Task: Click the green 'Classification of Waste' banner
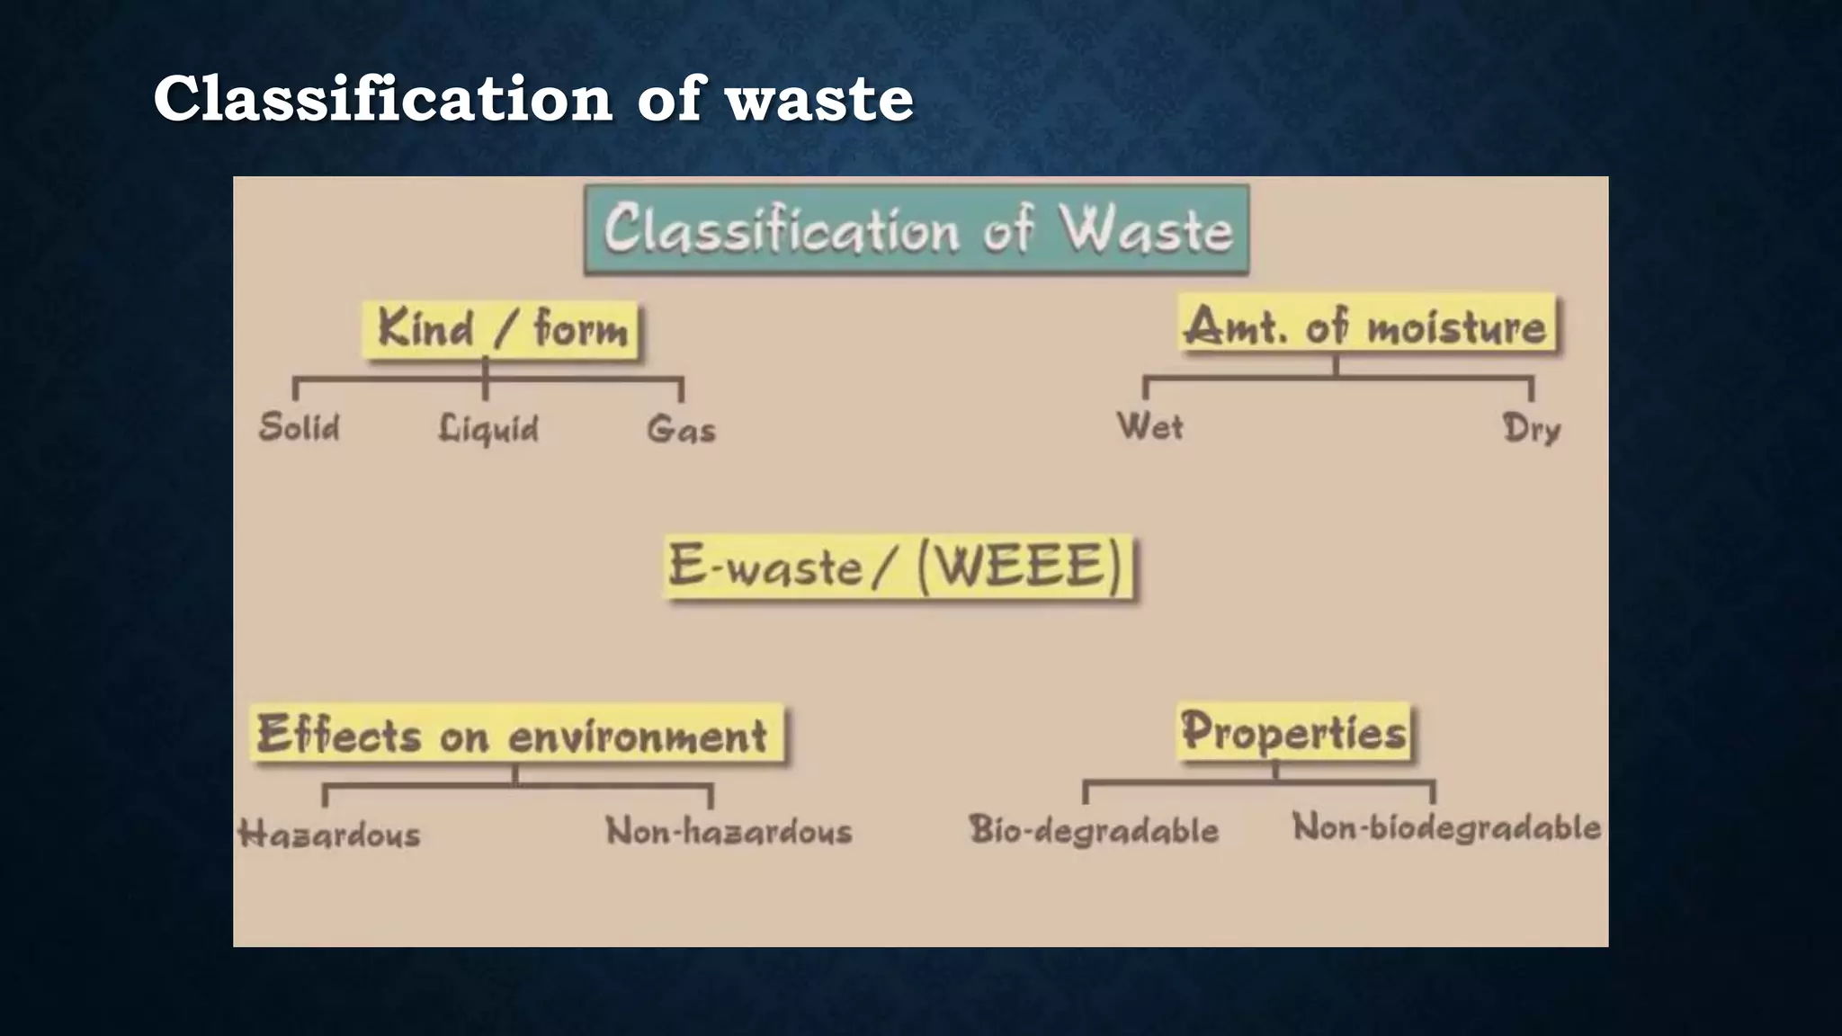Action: pos(917,229)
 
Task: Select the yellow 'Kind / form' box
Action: pos(502,328)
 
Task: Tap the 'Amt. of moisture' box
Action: pos(1366,326)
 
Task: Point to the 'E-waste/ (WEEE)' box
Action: pos(898,567)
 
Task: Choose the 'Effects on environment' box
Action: pos(514,734)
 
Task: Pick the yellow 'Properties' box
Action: pos(1293,730)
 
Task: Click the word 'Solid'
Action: pos(300,427)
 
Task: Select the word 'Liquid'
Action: pos(488,429)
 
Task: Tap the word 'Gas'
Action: pos(681,429)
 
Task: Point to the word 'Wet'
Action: pos(1149,426)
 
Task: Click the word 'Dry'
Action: pos(1531,429)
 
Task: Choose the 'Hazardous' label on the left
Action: pos(329,834)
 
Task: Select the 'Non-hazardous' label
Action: pos(729,831)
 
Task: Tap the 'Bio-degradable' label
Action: pos(1094,829)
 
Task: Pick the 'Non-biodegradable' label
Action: pos(1446,827)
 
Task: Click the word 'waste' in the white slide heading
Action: pos(819,98)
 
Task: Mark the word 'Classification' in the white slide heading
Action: pos(383,98)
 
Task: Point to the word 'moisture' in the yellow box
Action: pos(1456,326)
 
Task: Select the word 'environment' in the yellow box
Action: pos(638,736)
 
